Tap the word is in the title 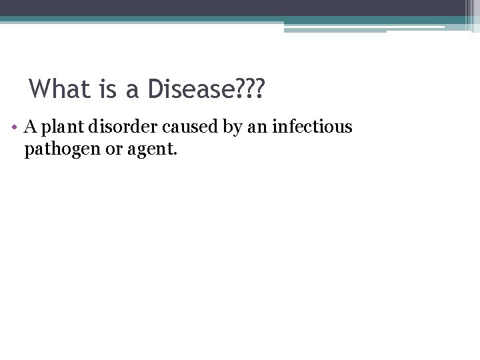(101, 89)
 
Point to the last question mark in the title (257, 89)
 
